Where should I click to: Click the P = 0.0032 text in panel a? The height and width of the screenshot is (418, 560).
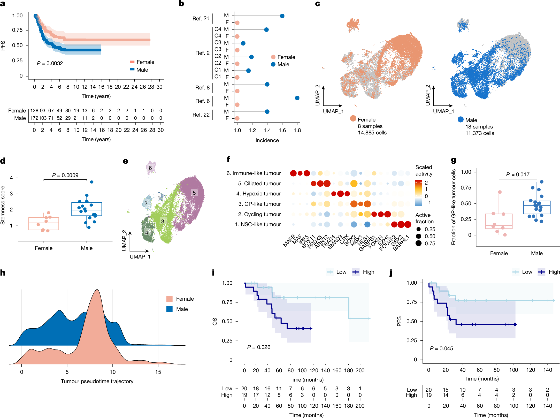[x=50, y=63]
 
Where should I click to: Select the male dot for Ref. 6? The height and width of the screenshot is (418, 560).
[x=297, y=98]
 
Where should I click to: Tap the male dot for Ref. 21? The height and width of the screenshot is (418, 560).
[x=282, y=16]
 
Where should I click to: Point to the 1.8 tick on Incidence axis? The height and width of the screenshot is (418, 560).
[x=297, y=130]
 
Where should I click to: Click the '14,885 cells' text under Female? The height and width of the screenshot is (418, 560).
[x=372, y=133]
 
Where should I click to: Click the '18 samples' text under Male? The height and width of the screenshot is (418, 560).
[x=479, y=127]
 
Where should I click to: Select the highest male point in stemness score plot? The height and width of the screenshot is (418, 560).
[x=91, y=182]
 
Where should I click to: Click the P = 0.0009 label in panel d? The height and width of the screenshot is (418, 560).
[x=65, y=175]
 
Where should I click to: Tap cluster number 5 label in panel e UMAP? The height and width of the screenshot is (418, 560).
[x=194, y=193]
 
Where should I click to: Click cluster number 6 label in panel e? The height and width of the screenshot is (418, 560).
[x=150, y=168]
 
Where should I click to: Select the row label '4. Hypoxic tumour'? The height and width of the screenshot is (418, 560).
[x=258, y=194]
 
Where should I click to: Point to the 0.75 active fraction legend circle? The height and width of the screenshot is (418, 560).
[x=418, y=243]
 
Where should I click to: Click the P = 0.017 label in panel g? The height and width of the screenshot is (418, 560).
[x=517, y=174]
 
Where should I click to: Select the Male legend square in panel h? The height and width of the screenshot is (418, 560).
[x=170, y=309]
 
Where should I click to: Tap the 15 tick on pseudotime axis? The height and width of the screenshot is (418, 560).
[x=158, y=372]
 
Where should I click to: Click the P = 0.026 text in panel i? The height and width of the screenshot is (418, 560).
[x=259, y=347]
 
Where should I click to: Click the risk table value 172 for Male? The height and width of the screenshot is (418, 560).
[x=34, y=118]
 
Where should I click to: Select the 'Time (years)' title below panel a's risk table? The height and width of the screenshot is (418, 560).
[x=96, y=139]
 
